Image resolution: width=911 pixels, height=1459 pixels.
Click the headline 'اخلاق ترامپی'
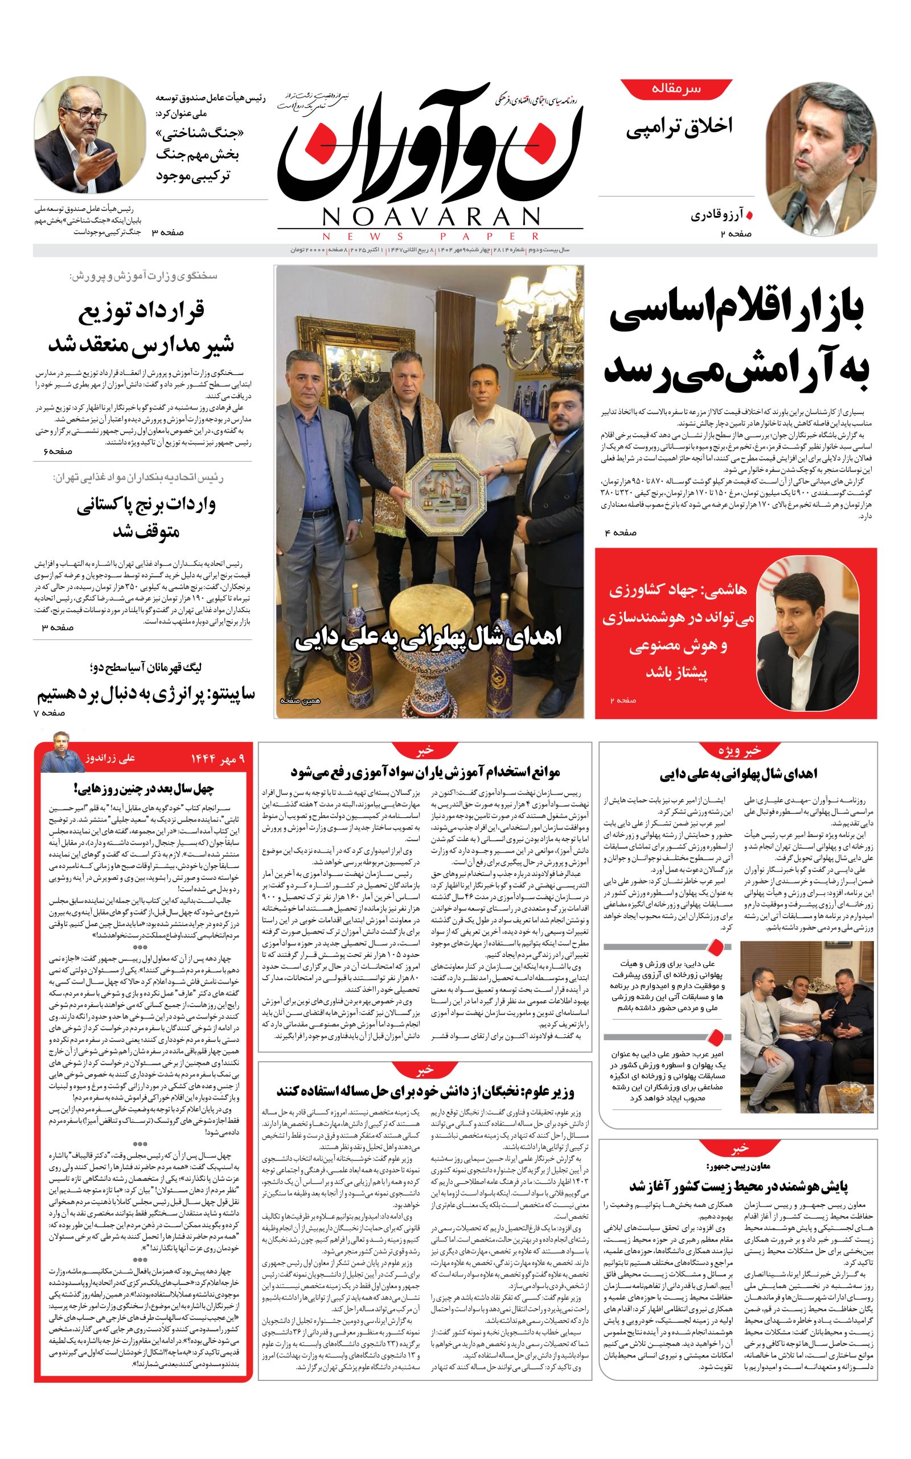click(x=679, y=127)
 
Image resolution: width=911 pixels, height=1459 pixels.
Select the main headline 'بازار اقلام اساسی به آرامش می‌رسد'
click(x=736, y=343)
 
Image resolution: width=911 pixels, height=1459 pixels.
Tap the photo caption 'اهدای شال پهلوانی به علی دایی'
click(x=428, y=639)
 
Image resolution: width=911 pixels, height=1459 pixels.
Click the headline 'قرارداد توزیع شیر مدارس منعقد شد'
click(x=141, y=329)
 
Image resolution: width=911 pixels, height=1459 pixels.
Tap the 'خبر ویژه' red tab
click(x=738, y=751)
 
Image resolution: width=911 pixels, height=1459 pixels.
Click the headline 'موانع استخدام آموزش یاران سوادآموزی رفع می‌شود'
click(x=425, y=772)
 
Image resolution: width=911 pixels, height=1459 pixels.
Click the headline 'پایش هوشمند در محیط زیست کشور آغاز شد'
click(x=738, y=1185)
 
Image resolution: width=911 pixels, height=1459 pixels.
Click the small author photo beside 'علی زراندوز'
click(x=62, y=752)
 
